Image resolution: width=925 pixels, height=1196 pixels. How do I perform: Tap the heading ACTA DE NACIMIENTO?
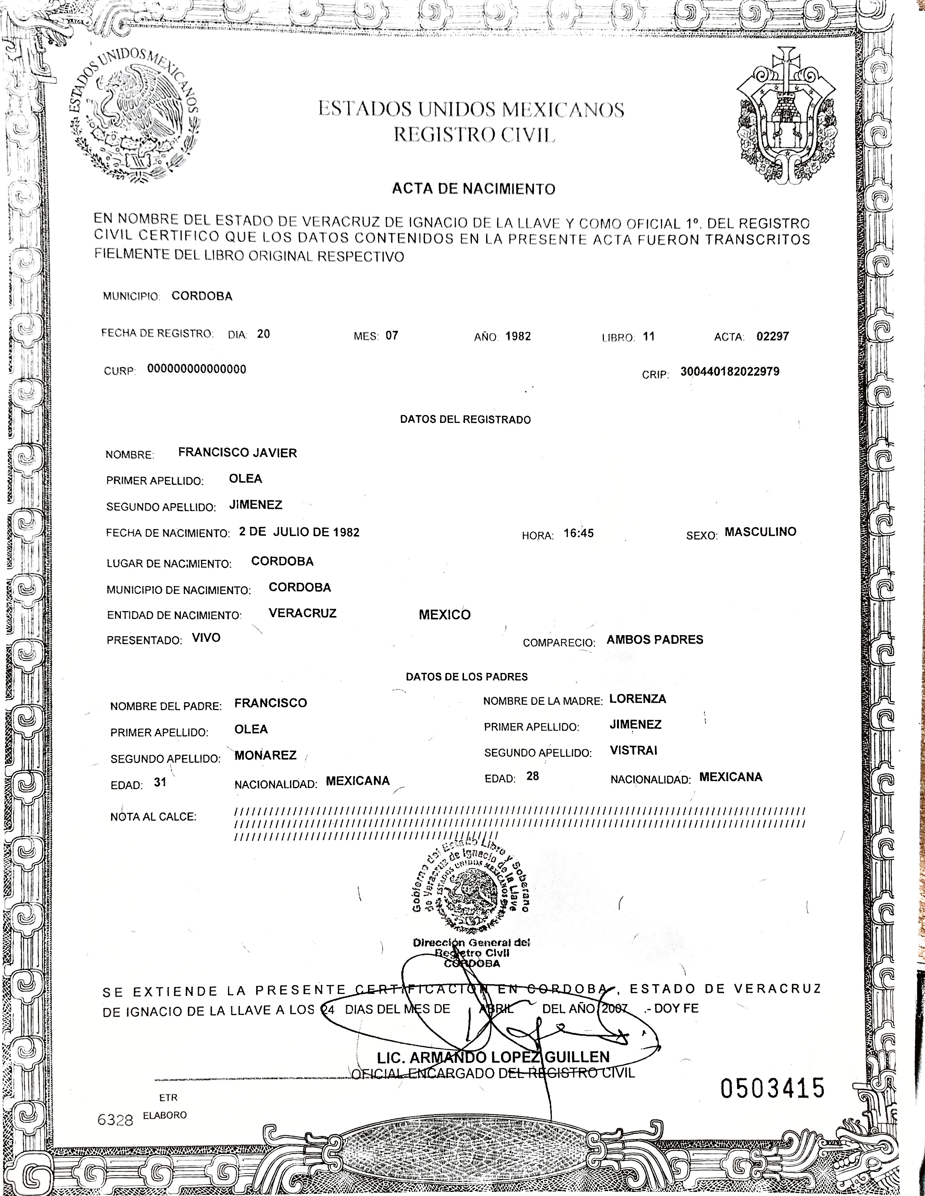tap(473, 189)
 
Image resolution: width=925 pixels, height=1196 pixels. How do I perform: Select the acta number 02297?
tap(773, 336)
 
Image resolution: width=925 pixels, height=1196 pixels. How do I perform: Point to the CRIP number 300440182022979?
tap(729, 371)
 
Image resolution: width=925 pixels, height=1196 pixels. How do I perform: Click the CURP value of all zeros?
tap(197, 369)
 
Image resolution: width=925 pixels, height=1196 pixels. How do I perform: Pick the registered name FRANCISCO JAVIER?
tap(237, 453)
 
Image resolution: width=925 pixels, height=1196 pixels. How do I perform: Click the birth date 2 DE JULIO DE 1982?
tap(299, 532)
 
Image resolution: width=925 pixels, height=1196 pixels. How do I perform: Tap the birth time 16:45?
tap(579, 534)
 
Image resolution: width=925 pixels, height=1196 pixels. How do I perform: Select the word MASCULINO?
tap(760, 532)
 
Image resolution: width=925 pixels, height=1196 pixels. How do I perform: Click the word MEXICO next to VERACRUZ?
tap(444, 615)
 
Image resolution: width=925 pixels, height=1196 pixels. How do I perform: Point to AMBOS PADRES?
tap(655, 640)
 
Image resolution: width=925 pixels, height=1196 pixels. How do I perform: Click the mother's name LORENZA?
tap(637, 699)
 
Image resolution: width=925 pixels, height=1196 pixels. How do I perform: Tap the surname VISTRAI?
tap(634, 750)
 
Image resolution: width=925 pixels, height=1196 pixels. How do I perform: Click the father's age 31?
tap(160, 782)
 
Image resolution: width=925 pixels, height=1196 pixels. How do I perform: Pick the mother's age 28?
tap(533, 776)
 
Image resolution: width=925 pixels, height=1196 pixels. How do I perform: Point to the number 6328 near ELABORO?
tap(115, 1120)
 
